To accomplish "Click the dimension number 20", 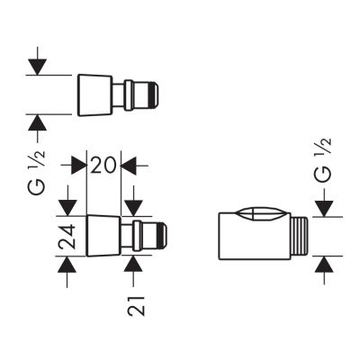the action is point(103,166).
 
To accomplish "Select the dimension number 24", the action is point(67,237).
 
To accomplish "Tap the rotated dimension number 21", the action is point(136,306).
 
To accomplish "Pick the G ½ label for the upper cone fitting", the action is point(37,171).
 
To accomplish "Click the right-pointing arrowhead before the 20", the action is point(79,166).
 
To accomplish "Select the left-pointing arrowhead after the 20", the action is point(129,166).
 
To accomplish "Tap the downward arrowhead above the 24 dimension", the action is point(67,208).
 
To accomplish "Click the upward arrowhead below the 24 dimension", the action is point(67,264).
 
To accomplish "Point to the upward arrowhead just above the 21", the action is point(133,264).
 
